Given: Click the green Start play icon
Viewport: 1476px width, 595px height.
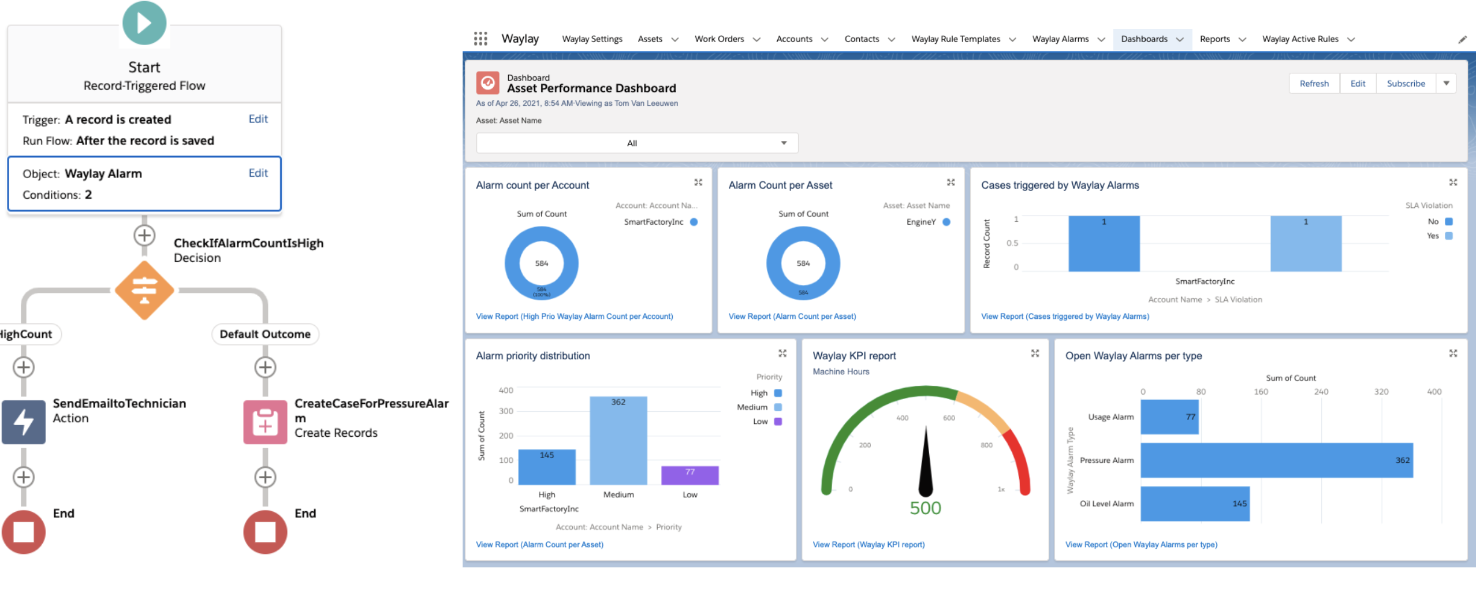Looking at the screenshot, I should coord(144,23).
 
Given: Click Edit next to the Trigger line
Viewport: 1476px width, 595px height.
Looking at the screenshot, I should coord(258,119).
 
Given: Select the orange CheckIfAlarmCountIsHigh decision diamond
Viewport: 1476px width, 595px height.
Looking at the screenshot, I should coord(144,290).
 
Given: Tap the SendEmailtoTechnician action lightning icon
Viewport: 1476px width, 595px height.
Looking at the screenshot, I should coord(24,422).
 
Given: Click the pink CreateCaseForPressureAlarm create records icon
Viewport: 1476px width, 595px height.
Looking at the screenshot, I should coord(265,422).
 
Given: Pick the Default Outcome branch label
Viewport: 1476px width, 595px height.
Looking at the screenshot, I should coord(265,334).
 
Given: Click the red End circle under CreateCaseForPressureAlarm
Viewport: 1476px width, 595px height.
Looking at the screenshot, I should coord(265,531).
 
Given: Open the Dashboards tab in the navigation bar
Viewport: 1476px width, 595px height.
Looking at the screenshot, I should coord(1144,39).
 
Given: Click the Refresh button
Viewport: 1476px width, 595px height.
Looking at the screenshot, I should coord(1314,84).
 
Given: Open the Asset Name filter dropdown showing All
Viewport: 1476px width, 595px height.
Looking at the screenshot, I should coord(636,143).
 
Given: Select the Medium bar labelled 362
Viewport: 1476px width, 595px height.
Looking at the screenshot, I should coord(618,441).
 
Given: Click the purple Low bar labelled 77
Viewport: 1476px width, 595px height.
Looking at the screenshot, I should coord(689,475).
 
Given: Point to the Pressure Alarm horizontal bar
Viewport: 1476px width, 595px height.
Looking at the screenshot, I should coord(1276,460).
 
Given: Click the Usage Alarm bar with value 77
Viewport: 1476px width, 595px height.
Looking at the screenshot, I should coord(1169,417).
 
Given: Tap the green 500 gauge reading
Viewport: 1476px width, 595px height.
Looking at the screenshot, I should coord(925,508).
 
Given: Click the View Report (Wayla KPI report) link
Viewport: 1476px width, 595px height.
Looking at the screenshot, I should coord(869,545).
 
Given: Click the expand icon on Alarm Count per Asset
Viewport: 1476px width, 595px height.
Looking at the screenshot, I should coord(951,183).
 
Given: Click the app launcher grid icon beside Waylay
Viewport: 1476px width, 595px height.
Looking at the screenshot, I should coord(480,39).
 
